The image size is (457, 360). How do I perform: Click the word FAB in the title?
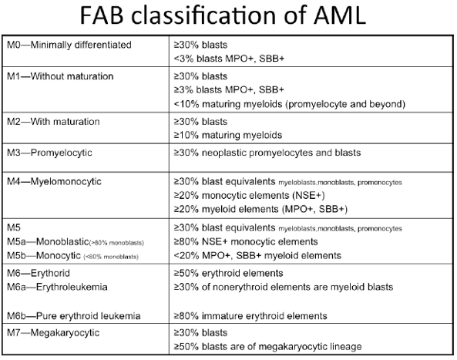pyautogui.click(x=102, y=15)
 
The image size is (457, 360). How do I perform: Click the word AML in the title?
pyautogui.click(x=339, y=15)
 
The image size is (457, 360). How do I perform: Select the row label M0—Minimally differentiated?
pyautogui.click(x=69, y=45)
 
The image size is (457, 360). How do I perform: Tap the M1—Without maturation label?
pyautogui.click(x=60, y=76)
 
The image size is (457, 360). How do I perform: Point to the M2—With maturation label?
pyautogui.click(x=53, y=122)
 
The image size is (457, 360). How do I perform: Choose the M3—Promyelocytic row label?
pyautogui.click(x=49, y=153)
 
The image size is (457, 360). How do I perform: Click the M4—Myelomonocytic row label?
pyautogui.click(x=54, y=182)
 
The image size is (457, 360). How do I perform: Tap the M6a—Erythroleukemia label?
pyautogui.click(x=57, y=287)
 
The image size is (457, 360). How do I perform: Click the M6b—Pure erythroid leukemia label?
pyautogui.click(x=74, y=316)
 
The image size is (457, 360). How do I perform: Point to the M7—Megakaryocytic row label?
pyautogui.click(x=53, y=333)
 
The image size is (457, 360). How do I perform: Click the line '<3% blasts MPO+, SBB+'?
pyautogui.click(x=229, y=59)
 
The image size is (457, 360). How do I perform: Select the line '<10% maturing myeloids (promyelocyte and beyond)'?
pyautogui.click(x=290, y=104)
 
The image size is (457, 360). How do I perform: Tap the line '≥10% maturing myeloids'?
pyautogui.click(x=228, y=135)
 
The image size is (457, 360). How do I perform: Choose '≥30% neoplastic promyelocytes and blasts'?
pyautogui.click(x=267, y=153)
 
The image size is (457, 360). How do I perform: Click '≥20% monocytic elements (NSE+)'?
pyautogui.click(x=249, y=195)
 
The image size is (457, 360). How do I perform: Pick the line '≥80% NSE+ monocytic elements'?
pyautogui.click(x=246, y=241)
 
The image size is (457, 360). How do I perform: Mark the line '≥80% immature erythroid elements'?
pyautogui.click(x=250, y=316)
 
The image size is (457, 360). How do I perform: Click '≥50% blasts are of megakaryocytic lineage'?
pyautogui.click(x=267, y=347)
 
